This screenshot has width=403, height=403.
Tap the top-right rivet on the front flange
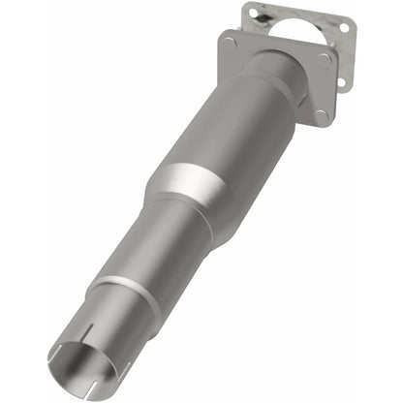[325, 56]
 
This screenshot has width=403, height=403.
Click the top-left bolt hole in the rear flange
[253, 11]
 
